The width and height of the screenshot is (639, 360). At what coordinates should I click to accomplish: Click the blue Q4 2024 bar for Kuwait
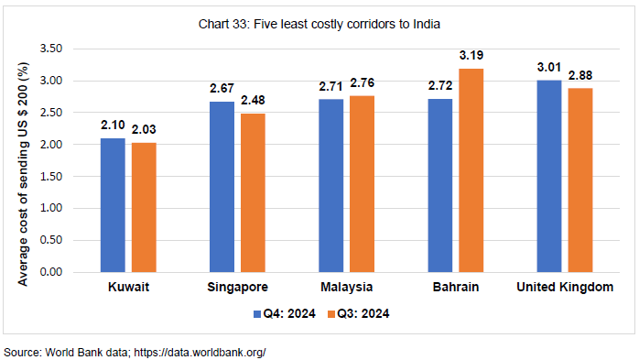pyautogui.click(x=113, y=205)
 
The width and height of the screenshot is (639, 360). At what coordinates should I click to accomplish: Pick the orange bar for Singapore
pyautogui.click(x=253, y=192)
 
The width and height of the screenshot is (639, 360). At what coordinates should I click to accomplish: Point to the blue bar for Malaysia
pyautogui.click(x=332, y=186)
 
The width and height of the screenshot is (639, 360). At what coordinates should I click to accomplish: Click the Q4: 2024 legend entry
pyautogui.click(x=284, y=313)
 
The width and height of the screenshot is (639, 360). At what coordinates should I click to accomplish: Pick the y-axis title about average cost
pyautogui.click(x=24, y=160)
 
